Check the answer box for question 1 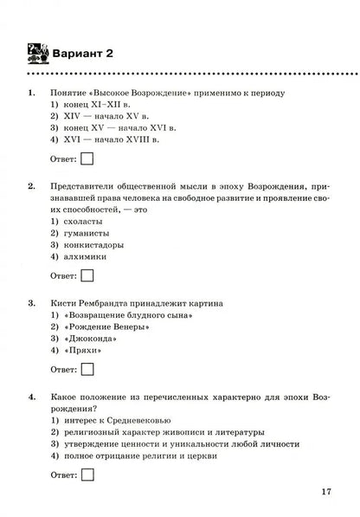coord(87,158)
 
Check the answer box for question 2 coord(87,275)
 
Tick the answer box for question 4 coord(87,475)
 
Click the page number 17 coord(325,492)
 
